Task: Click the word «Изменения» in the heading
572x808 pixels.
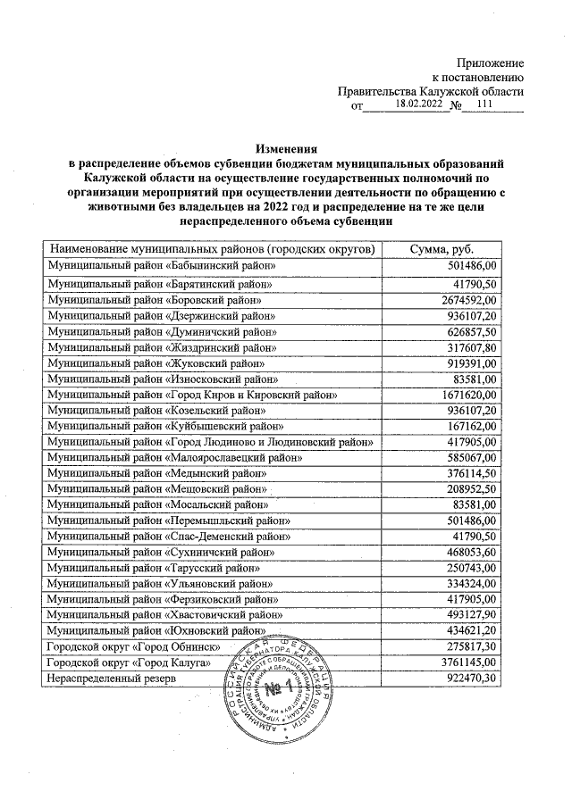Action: (286, 148)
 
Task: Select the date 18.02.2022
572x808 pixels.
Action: (419, 104)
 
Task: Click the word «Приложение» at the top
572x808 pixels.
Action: (491, 62)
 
